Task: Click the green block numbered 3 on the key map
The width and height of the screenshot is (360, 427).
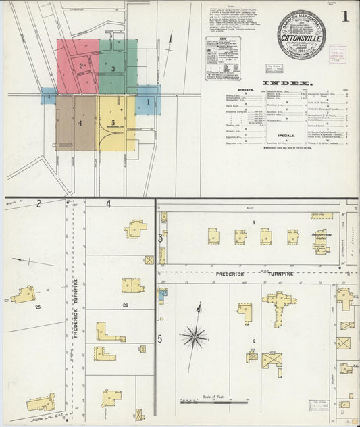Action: click(118, 66)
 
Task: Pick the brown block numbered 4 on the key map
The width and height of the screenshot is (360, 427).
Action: click(76, 123)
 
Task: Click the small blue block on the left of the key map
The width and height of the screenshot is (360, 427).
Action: click(49, 96)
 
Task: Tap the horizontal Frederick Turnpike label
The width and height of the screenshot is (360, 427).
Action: click(240, 274)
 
